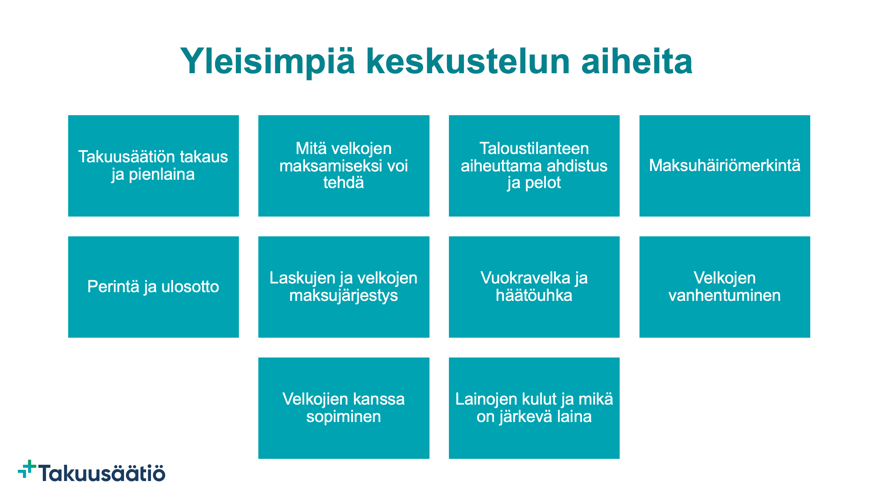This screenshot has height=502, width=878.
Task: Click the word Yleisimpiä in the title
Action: pos(267,61)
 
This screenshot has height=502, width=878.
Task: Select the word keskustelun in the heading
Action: pos(468,61)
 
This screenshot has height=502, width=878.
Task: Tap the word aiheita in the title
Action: pos(637,61)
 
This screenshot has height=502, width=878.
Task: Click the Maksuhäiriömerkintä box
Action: pos(725,166)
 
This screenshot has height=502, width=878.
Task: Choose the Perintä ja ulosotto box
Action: pos(153,287)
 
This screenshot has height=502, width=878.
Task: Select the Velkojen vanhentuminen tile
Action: pos(725,287)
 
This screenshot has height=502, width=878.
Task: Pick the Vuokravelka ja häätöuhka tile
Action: pos(534,287)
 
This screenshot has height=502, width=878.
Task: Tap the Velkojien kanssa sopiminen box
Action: pos(344,408)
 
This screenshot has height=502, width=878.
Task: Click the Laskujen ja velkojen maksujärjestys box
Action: pos(344,287)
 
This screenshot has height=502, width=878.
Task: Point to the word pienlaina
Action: pos(162,175)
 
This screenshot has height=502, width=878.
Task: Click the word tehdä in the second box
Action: pos(344,183)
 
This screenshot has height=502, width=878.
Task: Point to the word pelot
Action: pos(543,183)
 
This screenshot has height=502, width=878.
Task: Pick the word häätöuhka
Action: pos(534,295)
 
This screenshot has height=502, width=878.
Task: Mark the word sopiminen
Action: pos(344,417)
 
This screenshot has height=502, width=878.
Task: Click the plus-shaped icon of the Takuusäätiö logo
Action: pos(27,469)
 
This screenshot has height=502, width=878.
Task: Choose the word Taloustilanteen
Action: pos(534,148)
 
